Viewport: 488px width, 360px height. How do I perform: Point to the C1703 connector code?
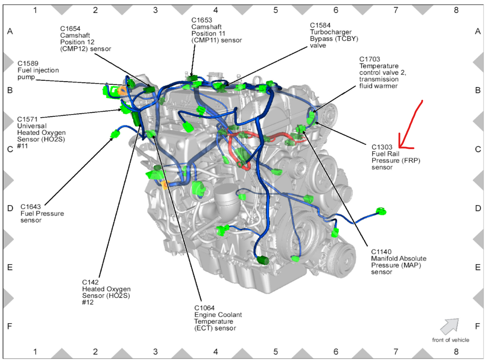(x=369, y=59)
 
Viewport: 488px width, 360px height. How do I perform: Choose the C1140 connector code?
(x=381, y=251)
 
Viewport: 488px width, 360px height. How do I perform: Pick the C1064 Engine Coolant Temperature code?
(x=204, y=308)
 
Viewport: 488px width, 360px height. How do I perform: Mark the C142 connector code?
(x=90, y=282)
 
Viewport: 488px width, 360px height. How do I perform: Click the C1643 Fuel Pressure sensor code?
(x=31, y=206)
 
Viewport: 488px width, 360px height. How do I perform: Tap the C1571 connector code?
(x=27, y=119)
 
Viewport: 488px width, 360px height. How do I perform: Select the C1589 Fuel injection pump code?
(x=28, y=63)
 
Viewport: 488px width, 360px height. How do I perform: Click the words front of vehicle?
(x=450, y=340)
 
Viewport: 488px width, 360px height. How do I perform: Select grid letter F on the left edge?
(x=10, y=326)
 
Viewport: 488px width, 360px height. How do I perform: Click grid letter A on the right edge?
(x=478, y=31)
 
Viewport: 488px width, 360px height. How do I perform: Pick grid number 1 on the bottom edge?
(x=35, y=351)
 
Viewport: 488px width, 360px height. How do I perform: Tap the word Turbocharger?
(x=330, y=32)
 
